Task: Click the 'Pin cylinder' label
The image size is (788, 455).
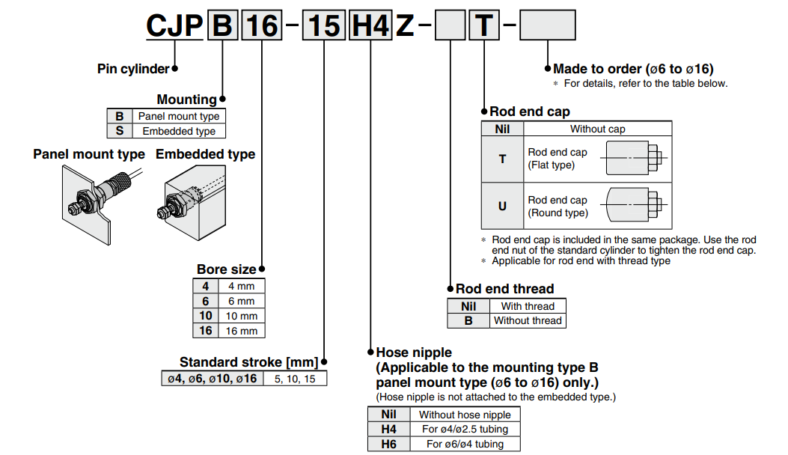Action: tap(133, 69)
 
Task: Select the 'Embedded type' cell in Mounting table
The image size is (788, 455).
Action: tap(179, 131)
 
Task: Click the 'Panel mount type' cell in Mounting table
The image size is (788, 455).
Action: tap(179, 116)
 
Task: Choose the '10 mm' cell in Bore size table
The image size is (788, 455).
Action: tap(241, 316)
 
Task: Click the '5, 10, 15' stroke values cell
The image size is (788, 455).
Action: tap(295, 379)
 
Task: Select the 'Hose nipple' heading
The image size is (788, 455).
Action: tap(413, 352)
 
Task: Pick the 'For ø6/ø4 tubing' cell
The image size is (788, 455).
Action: tap(465, 444)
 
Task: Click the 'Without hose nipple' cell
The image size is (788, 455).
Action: tap(465, 415)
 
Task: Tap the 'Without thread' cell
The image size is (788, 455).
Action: tap(527, 320)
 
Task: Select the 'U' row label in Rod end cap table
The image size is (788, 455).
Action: tap(502, 206)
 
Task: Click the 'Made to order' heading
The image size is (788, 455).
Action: tap(607, 69)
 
